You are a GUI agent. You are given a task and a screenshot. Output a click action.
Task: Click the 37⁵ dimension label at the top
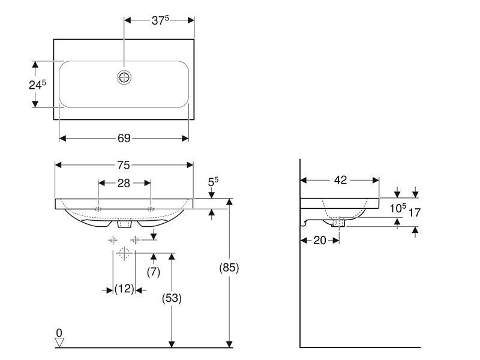[160, 20]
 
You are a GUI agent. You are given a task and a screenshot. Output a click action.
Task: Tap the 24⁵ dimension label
[37, 85]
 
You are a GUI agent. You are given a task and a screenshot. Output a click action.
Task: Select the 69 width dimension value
[124, 139]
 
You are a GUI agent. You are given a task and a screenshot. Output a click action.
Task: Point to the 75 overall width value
[124, 166]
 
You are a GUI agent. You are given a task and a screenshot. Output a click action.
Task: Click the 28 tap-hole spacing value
[124, 183]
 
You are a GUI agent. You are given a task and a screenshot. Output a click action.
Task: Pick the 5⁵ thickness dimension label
[213, 182]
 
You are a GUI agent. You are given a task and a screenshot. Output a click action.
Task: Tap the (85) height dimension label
[229, 268]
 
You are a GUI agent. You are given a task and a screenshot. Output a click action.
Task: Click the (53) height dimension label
[172, 298]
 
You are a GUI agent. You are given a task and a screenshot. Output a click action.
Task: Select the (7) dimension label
[154, 272]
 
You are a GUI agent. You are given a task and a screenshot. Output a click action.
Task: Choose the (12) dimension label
[124, 289]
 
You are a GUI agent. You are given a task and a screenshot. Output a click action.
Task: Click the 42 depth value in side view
[340, 180]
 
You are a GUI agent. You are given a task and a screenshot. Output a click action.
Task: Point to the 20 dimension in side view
[320, 241]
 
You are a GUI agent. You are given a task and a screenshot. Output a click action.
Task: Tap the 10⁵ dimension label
[398, 208]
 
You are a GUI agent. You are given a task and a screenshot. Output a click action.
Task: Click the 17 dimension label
[415, 212]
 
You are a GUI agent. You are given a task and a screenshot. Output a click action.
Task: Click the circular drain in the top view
[124, 77]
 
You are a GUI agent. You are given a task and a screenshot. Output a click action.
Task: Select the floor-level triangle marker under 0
[59, 343]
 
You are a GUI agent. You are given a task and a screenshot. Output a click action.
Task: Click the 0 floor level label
[59, 333]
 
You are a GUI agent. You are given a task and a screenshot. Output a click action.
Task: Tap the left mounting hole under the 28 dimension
[98, 209]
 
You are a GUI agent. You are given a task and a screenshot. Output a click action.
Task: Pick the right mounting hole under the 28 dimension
[151, 209]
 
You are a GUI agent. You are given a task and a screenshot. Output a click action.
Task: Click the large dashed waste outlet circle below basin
[124, 253]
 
